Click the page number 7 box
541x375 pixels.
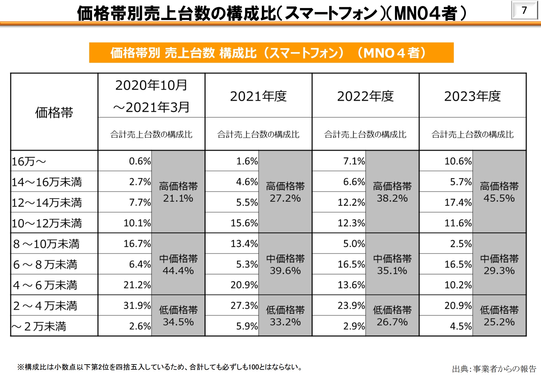pos(524,10)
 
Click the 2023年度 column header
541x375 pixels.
pos(472,96)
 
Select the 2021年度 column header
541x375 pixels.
pos(258,96)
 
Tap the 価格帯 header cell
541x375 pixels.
pos(54,112)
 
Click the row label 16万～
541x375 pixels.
pos(29,161)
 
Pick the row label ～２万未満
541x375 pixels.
pos(39,326)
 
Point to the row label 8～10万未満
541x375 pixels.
pos(46,244)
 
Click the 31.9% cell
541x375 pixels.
pos(137,305)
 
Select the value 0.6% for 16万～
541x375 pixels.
pos(140,161)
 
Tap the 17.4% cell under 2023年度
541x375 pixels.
pos(458,202)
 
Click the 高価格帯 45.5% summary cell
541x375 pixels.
pos(499,192)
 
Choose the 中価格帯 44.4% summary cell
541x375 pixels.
pos(178,264)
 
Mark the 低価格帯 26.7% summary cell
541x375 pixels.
pos(392,316)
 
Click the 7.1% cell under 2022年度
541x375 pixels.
pos(354,161)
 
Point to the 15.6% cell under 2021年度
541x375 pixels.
pos(244,223)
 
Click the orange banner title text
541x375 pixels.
pos(271,53)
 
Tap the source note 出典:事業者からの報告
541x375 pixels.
pos(494,369)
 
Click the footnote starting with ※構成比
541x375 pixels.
pos(159,367)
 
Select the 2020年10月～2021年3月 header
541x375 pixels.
pos(151,96)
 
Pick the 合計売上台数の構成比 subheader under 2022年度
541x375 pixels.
pos(365,134)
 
